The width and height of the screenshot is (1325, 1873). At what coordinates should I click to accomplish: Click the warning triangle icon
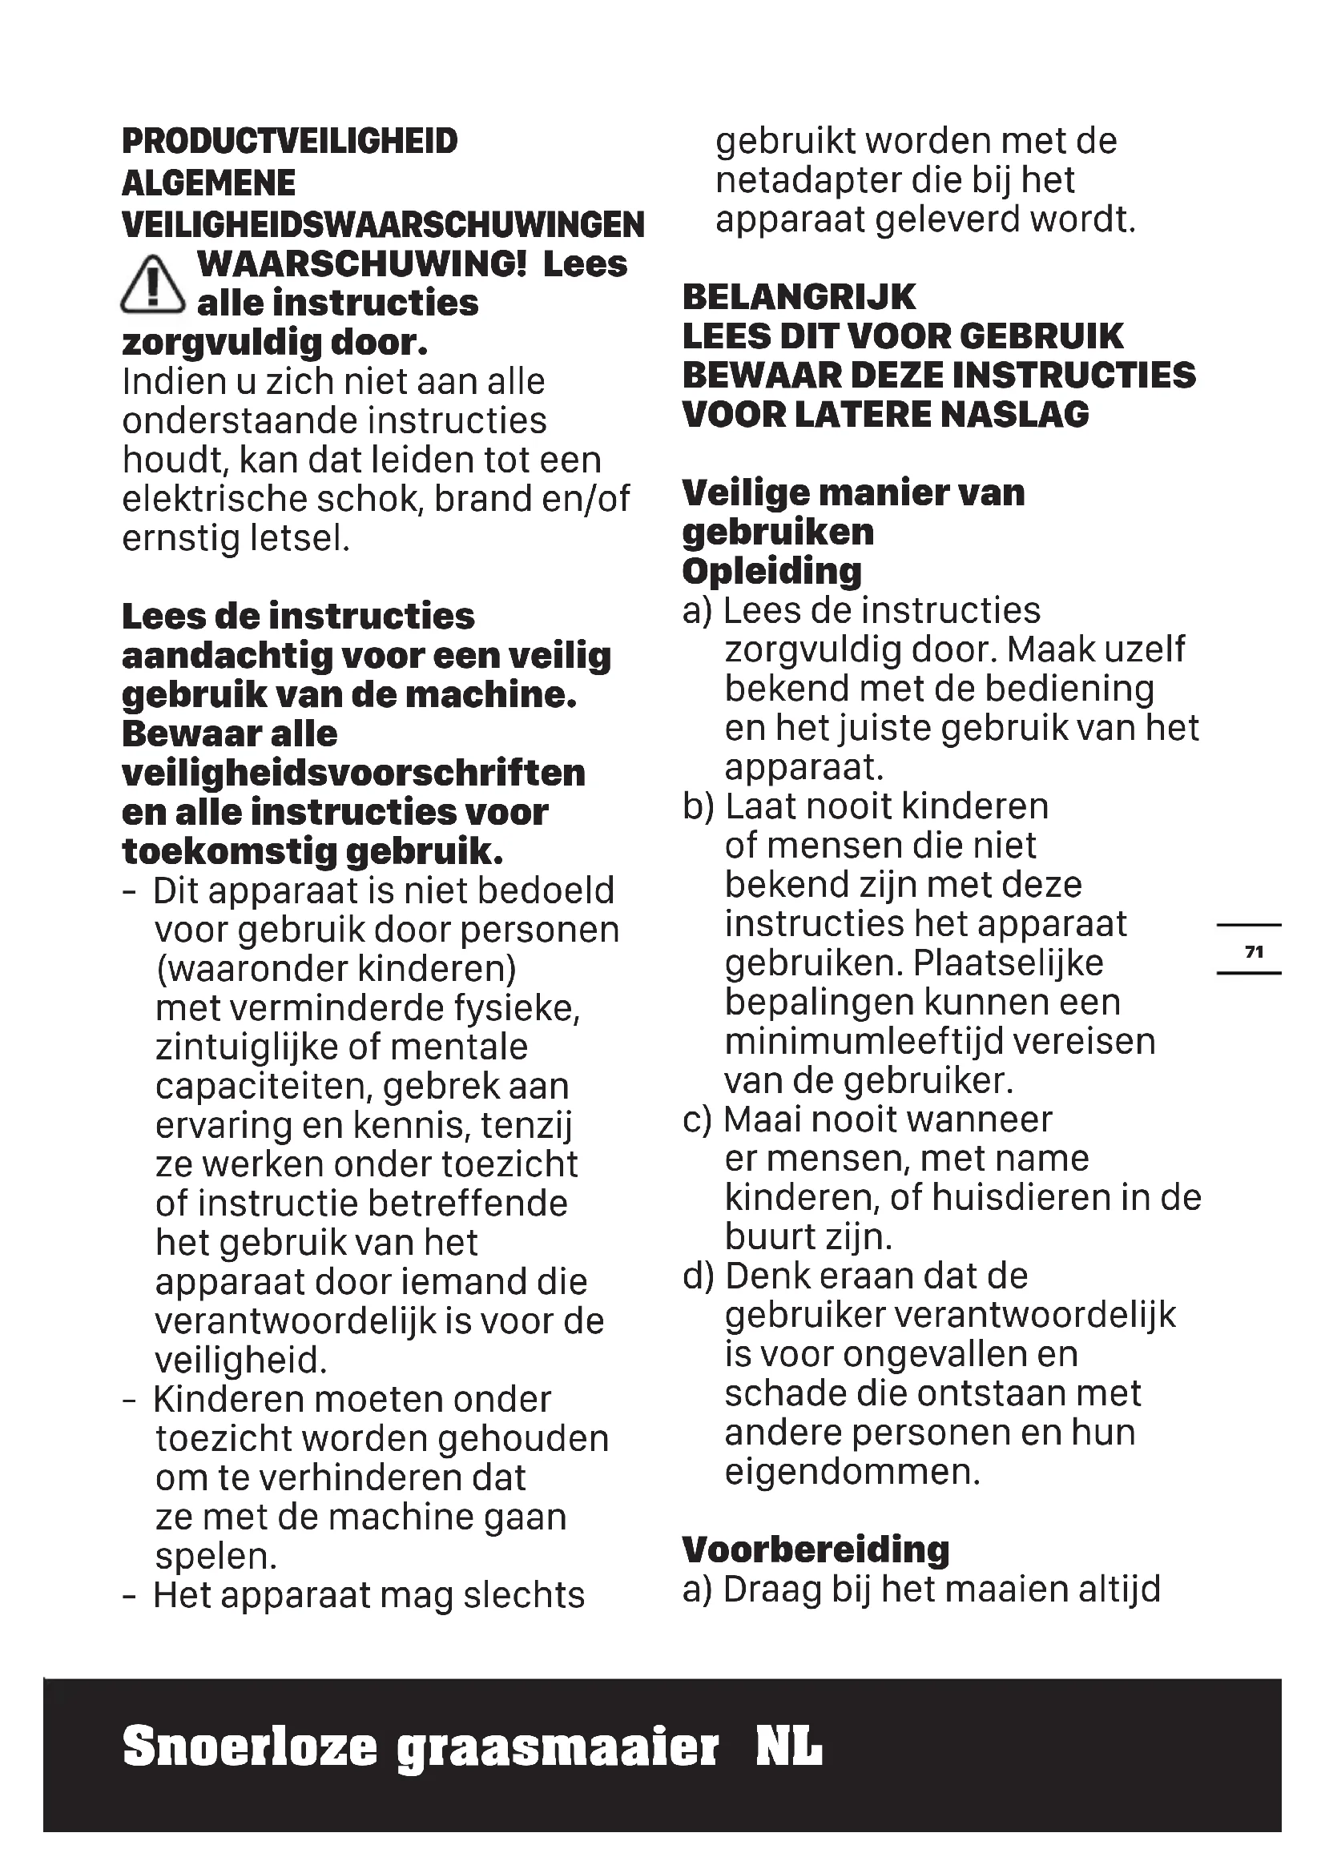point(152,285)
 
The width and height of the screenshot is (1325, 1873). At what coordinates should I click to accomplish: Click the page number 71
point(1254,951)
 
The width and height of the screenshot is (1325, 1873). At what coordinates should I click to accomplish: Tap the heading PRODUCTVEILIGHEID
point(290,141)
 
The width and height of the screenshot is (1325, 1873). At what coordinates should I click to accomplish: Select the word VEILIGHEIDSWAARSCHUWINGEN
point(383,224)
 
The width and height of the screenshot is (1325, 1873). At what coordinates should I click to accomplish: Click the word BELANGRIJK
point(799,297)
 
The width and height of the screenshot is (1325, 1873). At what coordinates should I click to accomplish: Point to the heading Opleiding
point(771,571)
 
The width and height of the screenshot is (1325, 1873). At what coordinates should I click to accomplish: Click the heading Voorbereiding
point(816,1549)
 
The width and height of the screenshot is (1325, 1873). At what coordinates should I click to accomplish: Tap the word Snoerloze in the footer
point(250,1747)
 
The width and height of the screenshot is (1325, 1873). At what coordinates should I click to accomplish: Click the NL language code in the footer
point(789,1747)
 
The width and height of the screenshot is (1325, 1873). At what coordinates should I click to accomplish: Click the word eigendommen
point(852,1472)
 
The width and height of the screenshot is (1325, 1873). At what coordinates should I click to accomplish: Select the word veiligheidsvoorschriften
point(353,773)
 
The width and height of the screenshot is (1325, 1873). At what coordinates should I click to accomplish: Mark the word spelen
point(216,1557)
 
